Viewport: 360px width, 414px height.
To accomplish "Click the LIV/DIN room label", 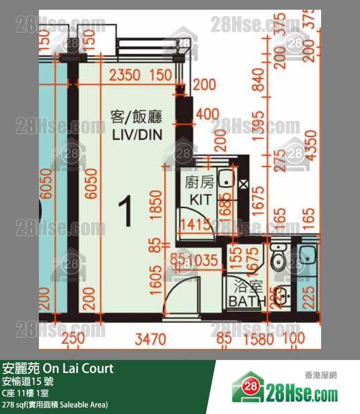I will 137,135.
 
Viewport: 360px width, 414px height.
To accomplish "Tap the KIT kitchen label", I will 199,199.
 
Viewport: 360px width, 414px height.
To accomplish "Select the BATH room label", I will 247,301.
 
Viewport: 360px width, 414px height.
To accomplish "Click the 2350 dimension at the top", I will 125,75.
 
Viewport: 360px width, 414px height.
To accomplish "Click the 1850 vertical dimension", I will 156,204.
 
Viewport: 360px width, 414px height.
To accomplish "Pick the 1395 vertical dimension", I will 259,127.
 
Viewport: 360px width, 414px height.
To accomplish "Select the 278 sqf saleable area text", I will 55,405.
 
